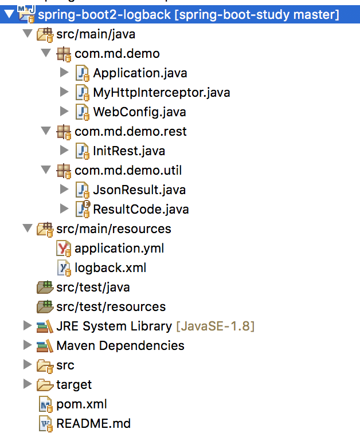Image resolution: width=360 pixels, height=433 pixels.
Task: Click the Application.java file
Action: click(x=139, y=73)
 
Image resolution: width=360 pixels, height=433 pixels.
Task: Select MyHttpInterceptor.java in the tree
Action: click(x=162, y=92)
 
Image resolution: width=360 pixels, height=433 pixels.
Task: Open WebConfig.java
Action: click(x=139, y=112)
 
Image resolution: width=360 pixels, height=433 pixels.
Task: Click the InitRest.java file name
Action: click(x=128, y=151)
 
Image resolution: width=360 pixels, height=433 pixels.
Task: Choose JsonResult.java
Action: click(x=139, y=190)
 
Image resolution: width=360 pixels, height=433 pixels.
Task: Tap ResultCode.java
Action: click(x=140, y=209)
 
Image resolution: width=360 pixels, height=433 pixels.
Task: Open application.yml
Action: click(x=119, y=248)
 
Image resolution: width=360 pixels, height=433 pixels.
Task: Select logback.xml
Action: click(x=110, y=267)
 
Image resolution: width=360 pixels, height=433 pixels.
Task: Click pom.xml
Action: click(x=81, y=404)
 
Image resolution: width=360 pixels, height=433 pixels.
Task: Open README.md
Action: click(x=93, y=424)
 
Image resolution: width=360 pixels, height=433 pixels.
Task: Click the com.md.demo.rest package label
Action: click(x=131, y=131)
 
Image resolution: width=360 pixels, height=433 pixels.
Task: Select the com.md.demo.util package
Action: click(x=128, y=170)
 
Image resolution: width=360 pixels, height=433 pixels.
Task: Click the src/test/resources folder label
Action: click(x=111, y=306)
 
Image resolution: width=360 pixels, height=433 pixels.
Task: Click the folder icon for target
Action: click(x=44, y=384)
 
